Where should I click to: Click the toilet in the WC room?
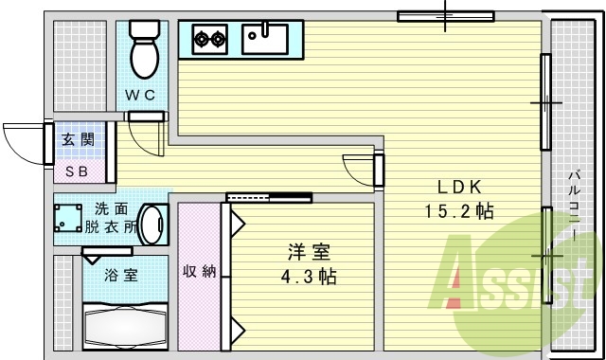tap(145, 49)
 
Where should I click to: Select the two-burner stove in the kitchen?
tap(211, 40)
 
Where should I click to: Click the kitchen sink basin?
tap(264, 39)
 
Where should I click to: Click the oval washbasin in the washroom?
tap(154, 224)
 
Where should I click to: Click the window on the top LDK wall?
tap(444, 16)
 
